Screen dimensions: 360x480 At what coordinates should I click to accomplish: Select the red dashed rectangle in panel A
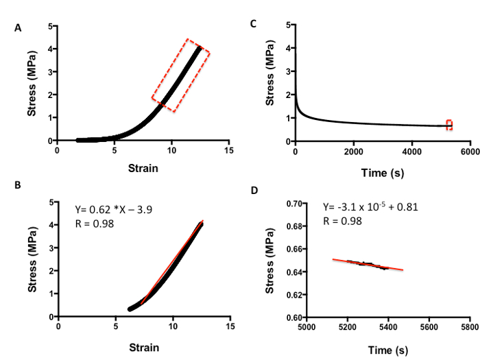[x=180, y=75]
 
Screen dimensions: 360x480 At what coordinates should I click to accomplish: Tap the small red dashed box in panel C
[x=449, y=125]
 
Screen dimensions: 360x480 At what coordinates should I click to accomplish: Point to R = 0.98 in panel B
[x=94, y=223]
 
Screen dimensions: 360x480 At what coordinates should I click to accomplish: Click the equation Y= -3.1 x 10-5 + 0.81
[x=371, y=206]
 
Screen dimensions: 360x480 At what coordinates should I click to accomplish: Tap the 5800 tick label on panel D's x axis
[x=469, y=328]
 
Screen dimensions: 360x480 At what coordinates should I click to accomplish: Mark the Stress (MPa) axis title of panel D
[x=271, y=261]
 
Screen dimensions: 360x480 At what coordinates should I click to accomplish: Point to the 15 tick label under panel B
[x=230, y=326]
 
